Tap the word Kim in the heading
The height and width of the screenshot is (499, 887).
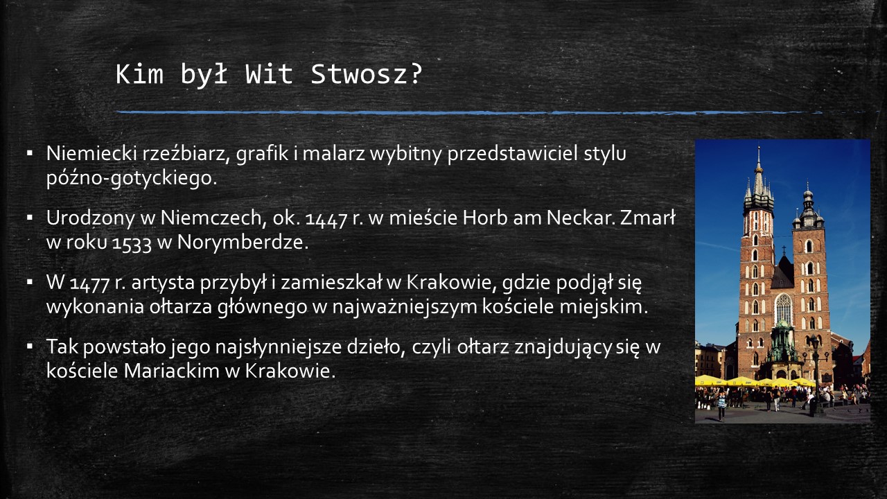(139, 74)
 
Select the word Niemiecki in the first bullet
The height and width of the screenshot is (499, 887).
(91, 153)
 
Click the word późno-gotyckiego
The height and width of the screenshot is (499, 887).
(132, 179)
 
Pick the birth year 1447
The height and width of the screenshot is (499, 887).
(326, 219)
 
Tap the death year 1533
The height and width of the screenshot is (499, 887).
(132, 243)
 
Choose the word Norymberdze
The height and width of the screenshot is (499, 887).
(243, 242)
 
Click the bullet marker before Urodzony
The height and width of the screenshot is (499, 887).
(29, 218)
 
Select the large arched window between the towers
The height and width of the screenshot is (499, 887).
(783, 309)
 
